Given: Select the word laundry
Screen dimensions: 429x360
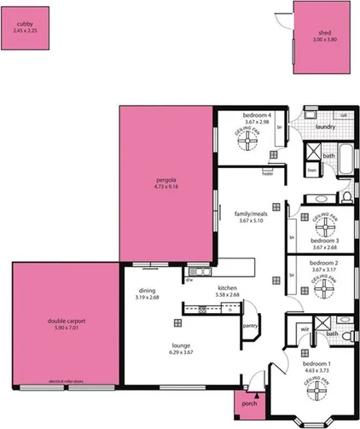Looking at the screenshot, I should click(324, 127).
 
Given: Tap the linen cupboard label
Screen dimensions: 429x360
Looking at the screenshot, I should click(311, 170).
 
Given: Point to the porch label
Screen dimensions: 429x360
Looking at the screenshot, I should click(250, 403).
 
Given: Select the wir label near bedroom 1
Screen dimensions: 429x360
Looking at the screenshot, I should click(305, 328).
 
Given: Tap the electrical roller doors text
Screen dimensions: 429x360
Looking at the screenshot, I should click(64, 381).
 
